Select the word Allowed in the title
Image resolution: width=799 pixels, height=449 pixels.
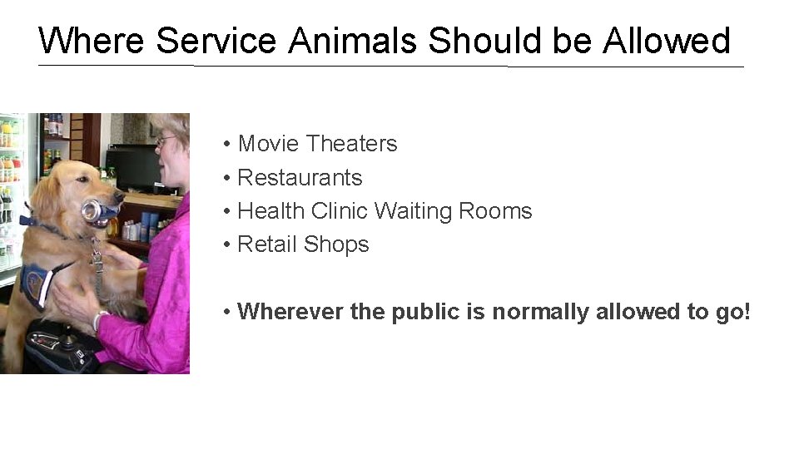coord(667,40)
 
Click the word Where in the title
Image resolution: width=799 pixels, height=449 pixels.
coord(92,40)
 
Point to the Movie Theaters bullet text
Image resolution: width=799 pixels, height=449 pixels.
coord(317,144)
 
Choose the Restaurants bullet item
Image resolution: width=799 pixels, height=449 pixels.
coord(300,177)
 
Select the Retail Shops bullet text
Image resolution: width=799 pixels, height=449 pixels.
coord(303,244)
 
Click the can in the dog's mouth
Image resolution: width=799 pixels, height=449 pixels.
coord(93,210)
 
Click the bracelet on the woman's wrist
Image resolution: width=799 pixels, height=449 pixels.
coord(100,320)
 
